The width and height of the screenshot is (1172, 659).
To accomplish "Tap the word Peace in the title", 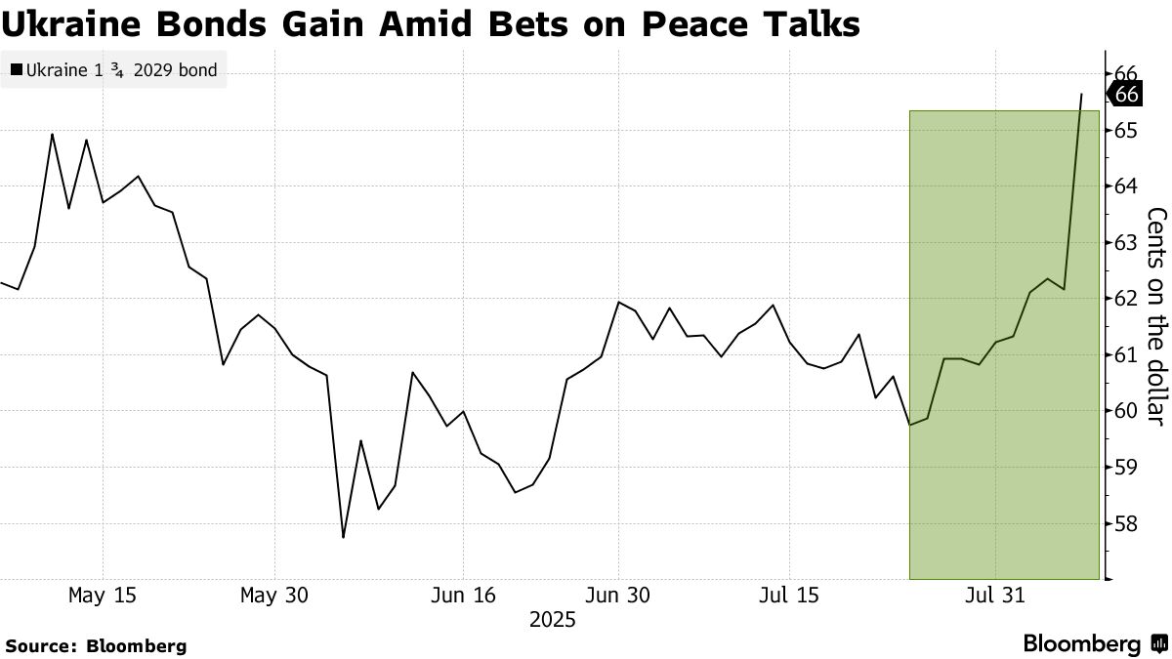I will (x=665, y=23).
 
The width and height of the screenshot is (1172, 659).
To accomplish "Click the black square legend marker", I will (x=16, y=70).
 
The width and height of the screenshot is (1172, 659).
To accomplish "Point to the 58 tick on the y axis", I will (x=1125, y=524).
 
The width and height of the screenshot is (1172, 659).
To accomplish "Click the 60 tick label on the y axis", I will (x=1125, y=411).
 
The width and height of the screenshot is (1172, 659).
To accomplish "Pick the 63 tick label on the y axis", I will (x=1125, y=242).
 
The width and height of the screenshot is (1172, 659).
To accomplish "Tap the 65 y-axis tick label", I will (x=1125, y=130).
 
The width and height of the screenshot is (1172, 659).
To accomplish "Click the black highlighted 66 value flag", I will (x=1126, y=95).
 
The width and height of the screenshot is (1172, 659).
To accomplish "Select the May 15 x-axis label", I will (x=103, y=596).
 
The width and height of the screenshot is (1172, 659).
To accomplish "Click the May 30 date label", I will (x=274, y=596).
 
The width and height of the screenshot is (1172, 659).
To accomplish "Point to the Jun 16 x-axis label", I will (x=463, y=596).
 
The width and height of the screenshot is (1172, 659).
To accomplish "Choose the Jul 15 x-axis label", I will (x=789, y=596).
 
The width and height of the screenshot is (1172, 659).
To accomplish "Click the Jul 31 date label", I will (x=995, y=596).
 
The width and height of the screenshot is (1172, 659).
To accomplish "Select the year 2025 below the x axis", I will (x=552, y=620).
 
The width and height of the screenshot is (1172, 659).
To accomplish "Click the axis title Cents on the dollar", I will (x=1156, y=316).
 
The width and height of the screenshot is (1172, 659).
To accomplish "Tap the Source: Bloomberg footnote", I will (x=96, y=645).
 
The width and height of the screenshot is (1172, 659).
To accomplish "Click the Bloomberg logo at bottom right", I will (x=1094, y=644).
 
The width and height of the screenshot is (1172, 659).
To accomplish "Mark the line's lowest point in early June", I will (x=343, y=537).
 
